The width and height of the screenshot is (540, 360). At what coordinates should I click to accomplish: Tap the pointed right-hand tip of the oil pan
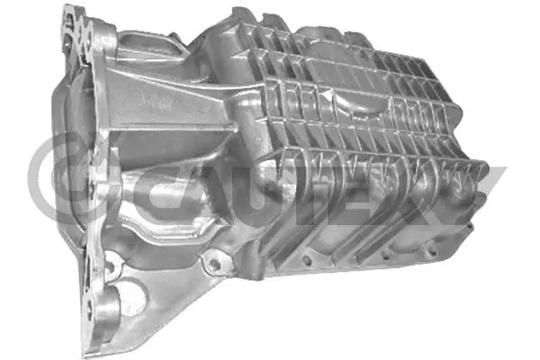[487, 169]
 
